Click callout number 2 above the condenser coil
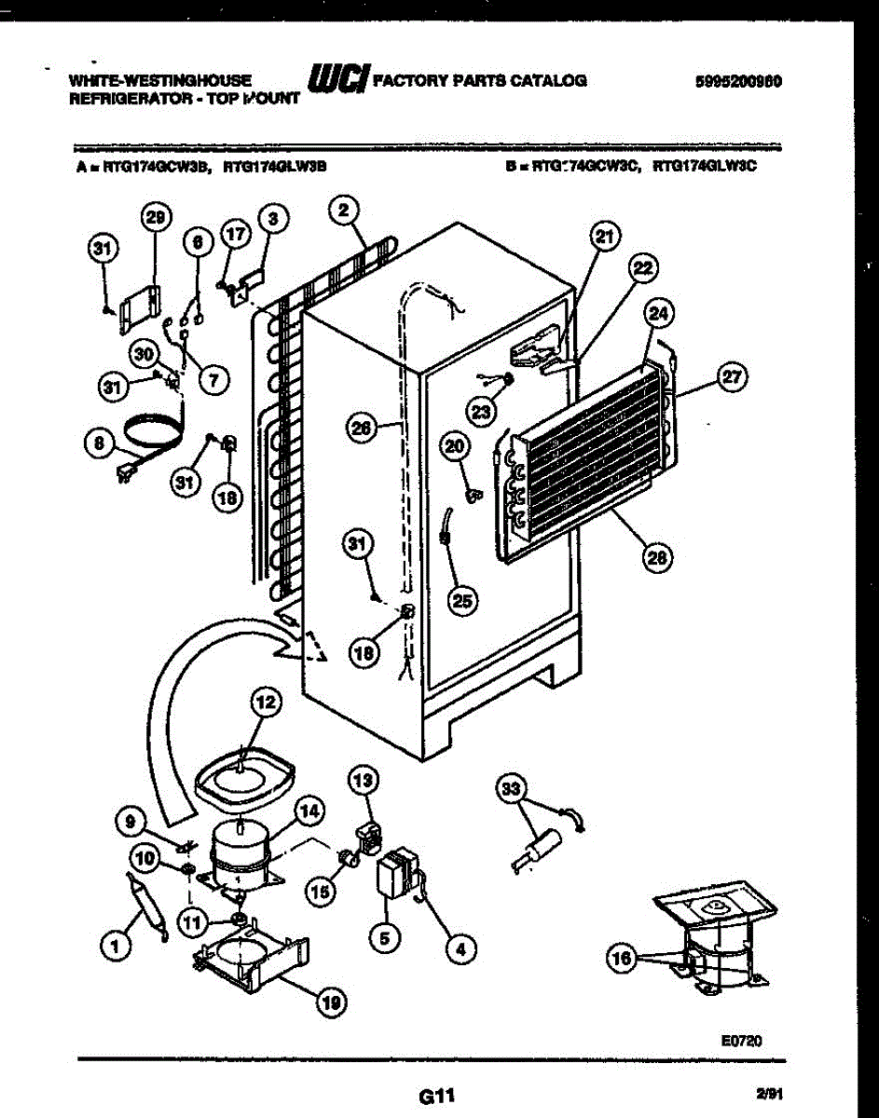click(x=344, y=211)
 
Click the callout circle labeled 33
click(x=509, y=791)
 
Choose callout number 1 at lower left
click(x=116, y=948)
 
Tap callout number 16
click(x=622, y=957)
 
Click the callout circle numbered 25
click(x=460, y=601)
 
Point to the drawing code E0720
click(x=742, y=1041)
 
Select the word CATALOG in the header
click(x=546, y=80)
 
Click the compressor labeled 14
click(x=240, y=857)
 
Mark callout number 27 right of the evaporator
click(x=733, y=375)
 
